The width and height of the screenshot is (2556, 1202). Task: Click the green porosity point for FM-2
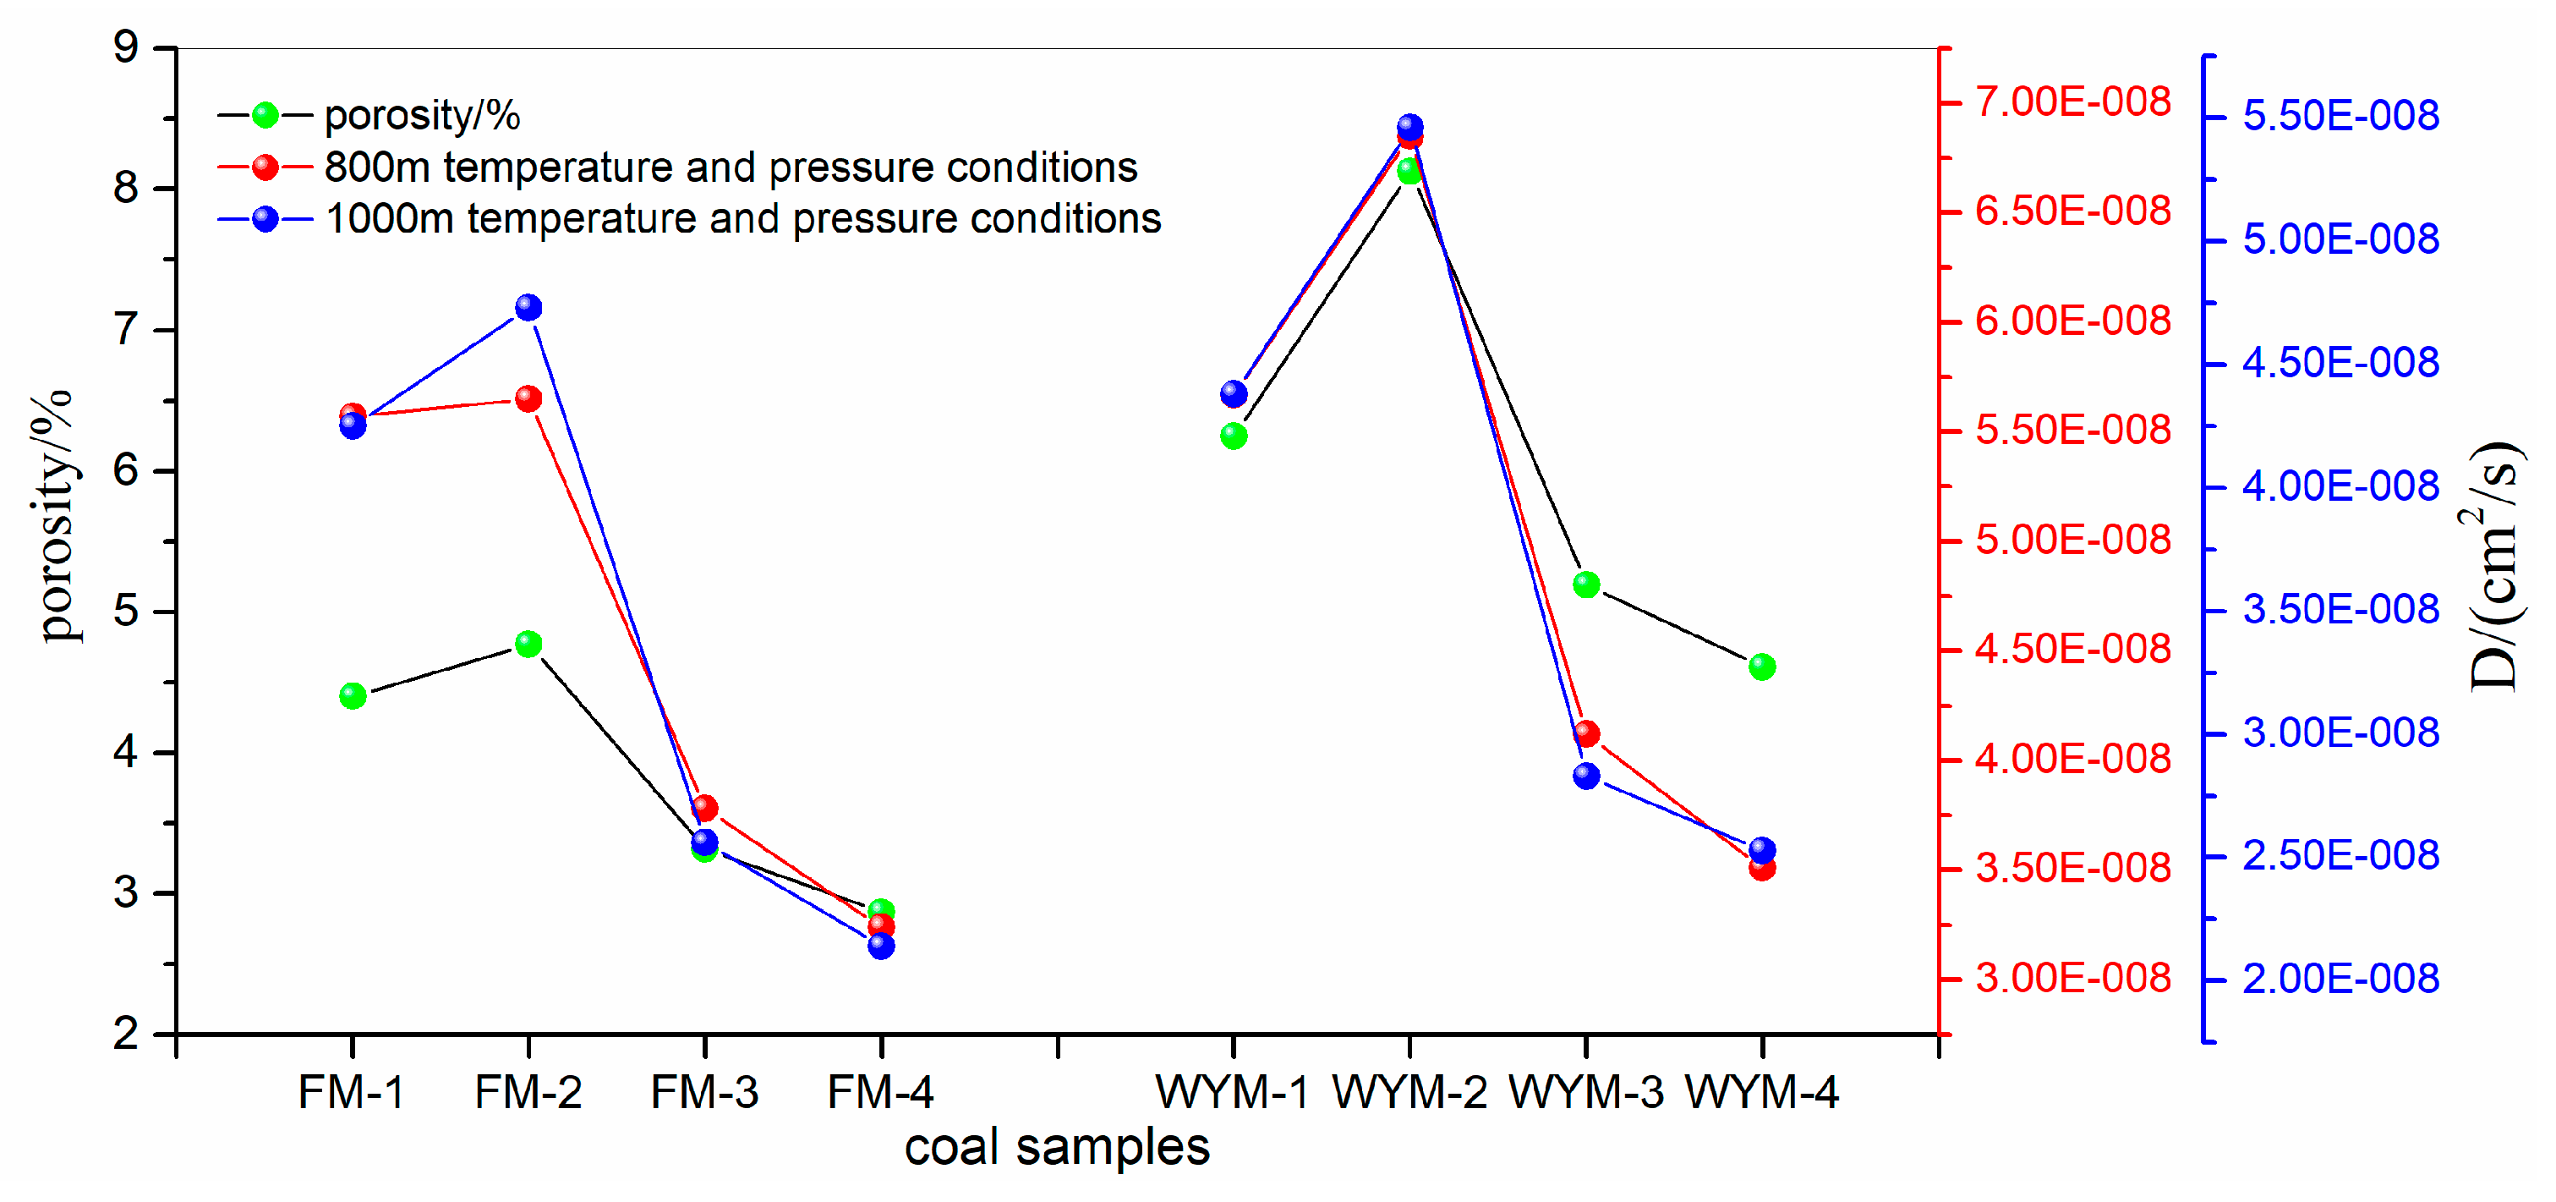pyautogui.click(x=528, y=645)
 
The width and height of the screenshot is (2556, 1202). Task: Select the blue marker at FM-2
pyautogui.click(x=528, y=308)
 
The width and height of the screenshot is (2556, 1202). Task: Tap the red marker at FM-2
pyautogui.click(x=528, y=399)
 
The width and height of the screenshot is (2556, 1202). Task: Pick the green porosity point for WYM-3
pyautogui.click(x=1585, y=585)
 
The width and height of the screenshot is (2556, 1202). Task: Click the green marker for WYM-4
pyautogui.click(x=1762, y=666)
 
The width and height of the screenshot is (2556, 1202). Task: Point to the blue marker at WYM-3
pyautogui.click(x=1585, y=775)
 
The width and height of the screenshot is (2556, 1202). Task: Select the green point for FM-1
pyautogui.click(x=353, y=696)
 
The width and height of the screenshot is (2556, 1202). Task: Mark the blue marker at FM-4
pyautogui.click(x=881, y=946)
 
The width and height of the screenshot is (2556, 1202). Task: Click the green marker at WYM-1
pyautogui.click(x=1234, y=436)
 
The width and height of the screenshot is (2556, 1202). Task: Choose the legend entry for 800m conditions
pyautogui.click(x=730, y=167)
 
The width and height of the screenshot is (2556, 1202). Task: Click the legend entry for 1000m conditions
pyautogui.click(x=742, y=218)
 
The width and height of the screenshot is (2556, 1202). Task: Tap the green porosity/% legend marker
pyautogui.click(x=265, y=115)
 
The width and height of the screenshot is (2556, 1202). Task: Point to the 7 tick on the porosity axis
pyautogui.click(x=126, y=330)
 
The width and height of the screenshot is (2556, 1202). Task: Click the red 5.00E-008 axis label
pyautogui.click(x=2072, y=540)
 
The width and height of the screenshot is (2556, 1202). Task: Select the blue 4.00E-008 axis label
pyautogui.click(x=2340, y=486)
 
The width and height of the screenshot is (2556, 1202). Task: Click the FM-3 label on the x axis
pyautogui.click(x=704, y=1093)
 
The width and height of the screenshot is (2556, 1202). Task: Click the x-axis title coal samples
pyautogui.click(x=1057, y=1147)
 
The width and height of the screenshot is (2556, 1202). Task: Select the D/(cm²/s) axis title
pyautogui.click(x=2494, y=566)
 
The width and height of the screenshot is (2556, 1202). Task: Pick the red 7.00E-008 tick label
pyautogui.click(x=2072, y=102)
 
